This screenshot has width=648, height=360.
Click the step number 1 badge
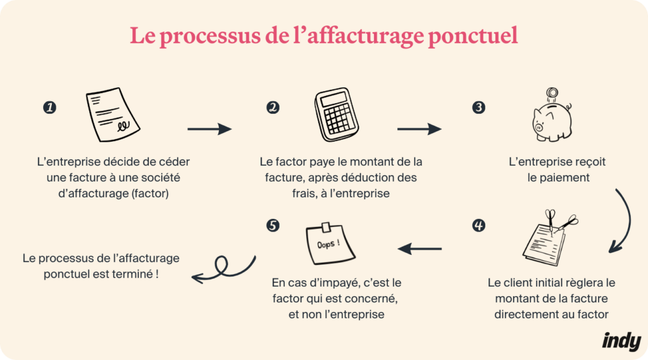(49, 108)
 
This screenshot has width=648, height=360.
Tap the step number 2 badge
(273, 108)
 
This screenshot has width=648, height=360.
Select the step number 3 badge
(479, 108)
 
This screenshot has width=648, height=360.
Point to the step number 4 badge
(479, 225)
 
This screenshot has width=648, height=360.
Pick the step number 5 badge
(273, 225)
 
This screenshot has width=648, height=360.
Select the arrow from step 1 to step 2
(209, 129)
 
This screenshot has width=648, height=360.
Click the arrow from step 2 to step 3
(419, 129)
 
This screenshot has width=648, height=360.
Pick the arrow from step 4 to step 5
(420, 249)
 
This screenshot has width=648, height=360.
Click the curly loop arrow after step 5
(224, 269)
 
